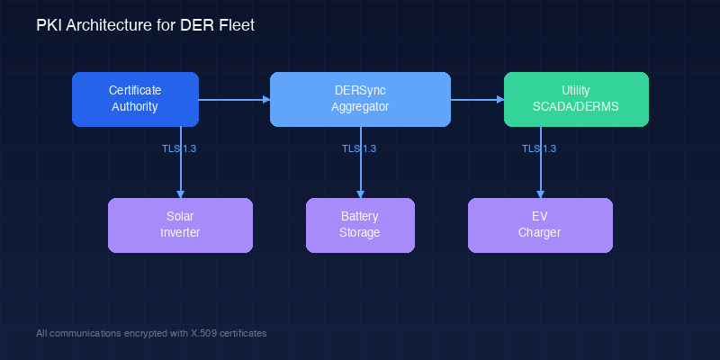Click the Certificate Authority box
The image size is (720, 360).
tap(134, 99)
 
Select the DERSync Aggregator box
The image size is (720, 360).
tap(360, 99)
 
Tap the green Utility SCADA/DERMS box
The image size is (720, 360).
tap(576, 99)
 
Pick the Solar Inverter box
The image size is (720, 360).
tap(180, 225)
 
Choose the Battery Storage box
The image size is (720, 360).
tap(360, 225)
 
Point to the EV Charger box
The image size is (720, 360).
tap(540, 225)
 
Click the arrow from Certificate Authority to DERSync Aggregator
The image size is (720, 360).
tap(234, 99)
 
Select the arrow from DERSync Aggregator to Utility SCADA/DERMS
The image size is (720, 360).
tap(477, 99)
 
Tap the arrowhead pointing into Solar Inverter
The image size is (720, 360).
tap(181, 193)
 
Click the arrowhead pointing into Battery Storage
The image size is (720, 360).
tap(361, 193)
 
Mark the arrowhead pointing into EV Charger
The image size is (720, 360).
tap(541, 193)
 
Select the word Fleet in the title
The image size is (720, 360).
tap(236, 26)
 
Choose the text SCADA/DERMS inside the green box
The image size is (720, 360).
tap(576, 107)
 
